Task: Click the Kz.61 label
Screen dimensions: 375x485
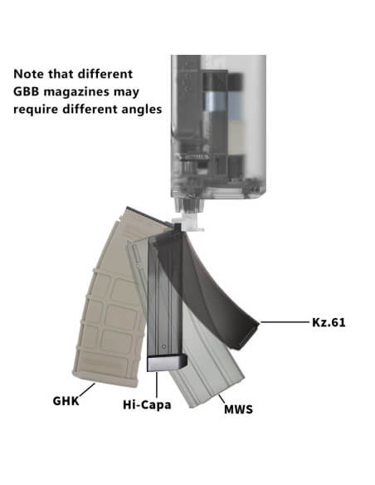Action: pos(329,322)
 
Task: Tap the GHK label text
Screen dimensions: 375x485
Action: pos(66,401)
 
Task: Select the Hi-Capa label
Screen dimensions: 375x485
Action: pos(147,405)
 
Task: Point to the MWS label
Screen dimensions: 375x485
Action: pos(238,409)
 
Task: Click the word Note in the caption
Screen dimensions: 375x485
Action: pos(28,74)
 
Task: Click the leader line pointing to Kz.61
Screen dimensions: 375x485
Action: pos(285,322)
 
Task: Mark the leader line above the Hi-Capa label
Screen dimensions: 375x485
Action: pos(157,385)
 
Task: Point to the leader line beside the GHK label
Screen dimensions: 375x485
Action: pos(87,389)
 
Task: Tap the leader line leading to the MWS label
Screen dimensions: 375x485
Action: pos(222,399)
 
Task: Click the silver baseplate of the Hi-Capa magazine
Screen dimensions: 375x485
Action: pos(167,364)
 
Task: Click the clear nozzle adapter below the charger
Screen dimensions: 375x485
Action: pos(188,222)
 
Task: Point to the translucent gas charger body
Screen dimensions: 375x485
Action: pos(218,127)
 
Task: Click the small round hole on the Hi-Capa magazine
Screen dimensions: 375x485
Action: pos(164,347)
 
